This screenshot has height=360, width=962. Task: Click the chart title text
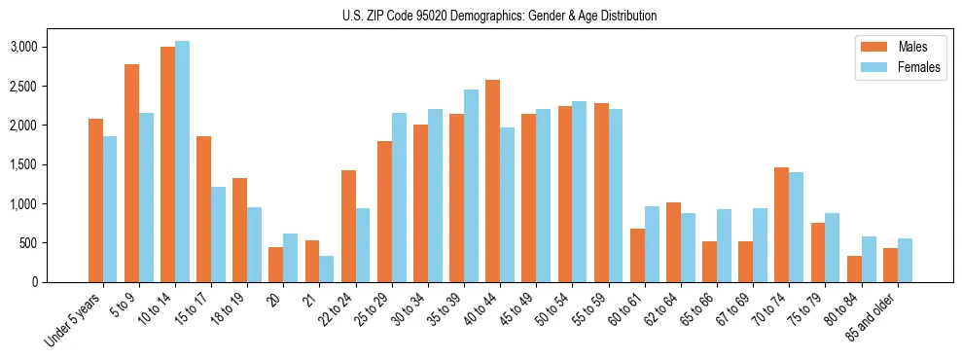click(x=499, y=16)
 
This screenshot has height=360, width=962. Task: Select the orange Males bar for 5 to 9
click(x=131, y=173)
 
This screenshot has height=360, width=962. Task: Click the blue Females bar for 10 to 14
click(x=183, y=162)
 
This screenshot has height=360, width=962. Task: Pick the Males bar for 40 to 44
click(x=493, y=181)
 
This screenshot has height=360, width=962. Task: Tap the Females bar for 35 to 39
click(x=472, y=186)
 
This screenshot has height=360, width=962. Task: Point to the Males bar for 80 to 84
click(x=854, y=269)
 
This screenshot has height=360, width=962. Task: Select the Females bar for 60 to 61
click(x=653, y=244)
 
